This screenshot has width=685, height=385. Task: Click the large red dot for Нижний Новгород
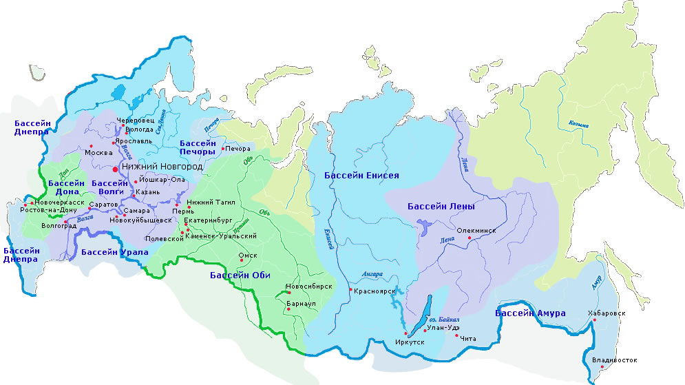(116, 167)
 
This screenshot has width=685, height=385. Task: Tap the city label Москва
(98, 152)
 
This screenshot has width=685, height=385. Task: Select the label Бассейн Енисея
(361, 176)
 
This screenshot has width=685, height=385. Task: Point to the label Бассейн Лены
(441, 206)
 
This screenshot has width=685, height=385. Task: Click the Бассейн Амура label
(530, 314)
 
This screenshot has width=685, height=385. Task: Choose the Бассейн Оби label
(238, 275)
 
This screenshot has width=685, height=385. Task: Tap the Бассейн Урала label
(114, 252)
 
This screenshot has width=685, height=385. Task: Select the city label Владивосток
(614, 360)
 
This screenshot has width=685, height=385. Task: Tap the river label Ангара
(372, 273)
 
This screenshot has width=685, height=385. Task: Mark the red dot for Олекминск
(470, 238)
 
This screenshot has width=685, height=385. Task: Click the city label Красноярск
(375, 291)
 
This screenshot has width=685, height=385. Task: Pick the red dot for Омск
(240, 261)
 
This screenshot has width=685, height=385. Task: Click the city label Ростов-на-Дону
(44, 210)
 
